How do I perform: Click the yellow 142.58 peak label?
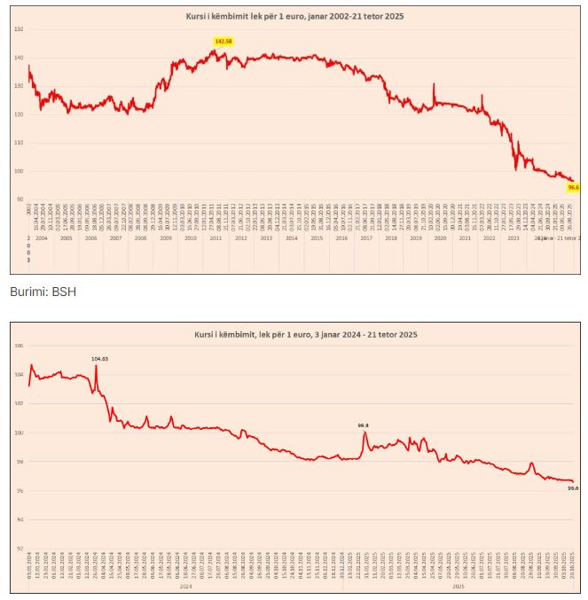coord(223,42)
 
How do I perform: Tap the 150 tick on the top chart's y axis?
coord(19,29)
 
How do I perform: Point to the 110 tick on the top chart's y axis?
coord(19,143)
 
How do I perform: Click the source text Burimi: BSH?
coord(42,291)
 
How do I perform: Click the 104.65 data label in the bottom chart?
coord(100,358)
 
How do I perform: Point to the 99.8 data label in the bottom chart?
coord(364,425)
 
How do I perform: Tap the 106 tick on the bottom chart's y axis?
coord(19,347)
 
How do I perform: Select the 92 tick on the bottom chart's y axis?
coord(19,549)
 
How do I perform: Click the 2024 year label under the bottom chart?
coord(186,586)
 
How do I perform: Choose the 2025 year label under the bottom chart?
coord(459,586)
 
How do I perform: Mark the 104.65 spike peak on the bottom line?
coord(96,365)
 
